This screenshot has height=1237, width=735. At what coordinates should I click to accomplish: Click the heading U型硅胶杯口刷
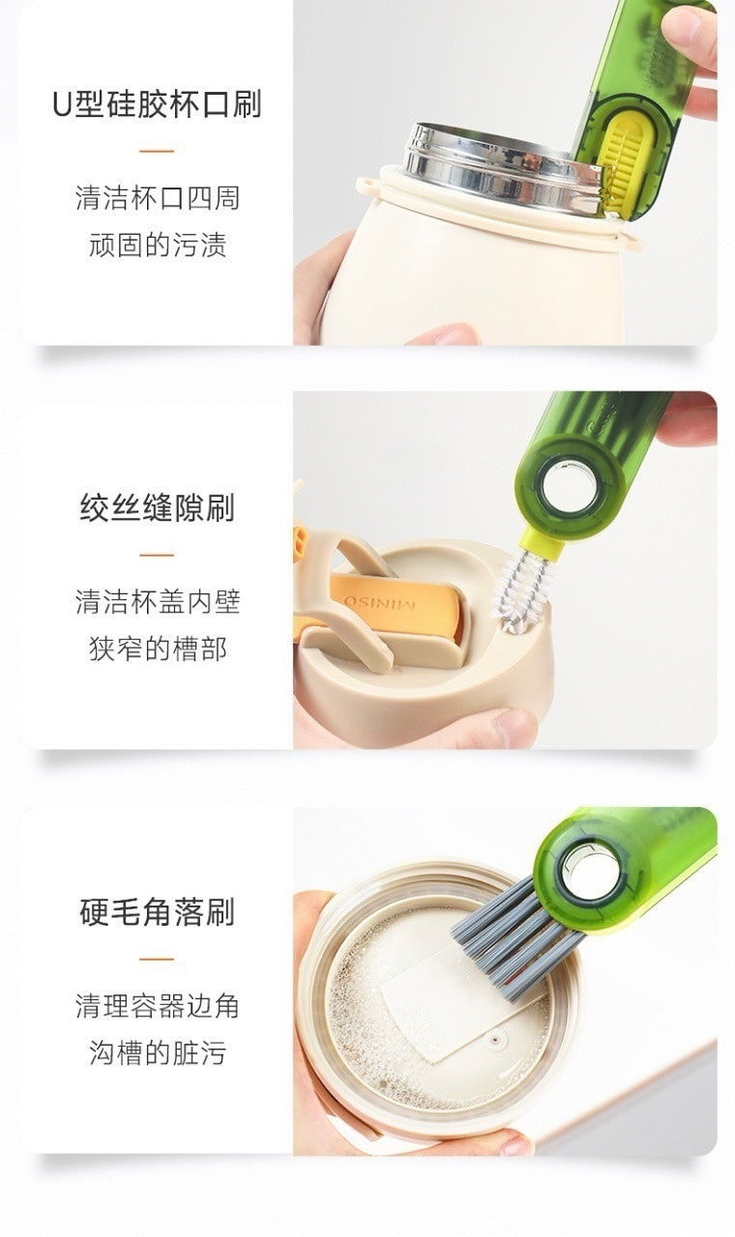(x=157, y=104)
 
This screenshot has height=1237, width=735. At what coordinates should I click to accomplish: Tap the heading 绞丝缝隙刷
(x=157, y=508)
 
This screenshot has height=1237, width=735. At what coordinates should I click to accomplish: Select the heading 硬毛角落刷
(x=157, y=912)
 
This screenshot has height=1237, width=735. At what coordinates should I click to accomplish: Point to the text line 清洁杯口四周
(x=157, y=198)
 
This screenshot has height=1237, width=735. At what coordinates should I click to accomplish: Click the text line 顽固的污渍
(x=157, y=245)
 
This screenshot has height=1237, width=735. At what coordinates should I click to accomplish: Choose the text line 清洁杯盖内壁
(x=157, y=602)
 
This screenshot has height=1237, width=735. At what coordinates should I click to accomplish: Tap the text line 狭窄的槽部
(x=157, y=648)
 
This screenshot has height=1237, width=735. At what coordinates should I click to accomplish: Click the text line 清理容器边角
(x=157, y=1006)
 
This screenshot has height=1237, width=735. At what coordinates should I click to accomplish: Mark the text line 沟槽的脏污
(x=157, y=1052)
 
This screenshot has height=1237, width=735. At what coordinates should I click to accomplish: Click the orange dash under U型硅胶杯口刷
(x=157, y=152)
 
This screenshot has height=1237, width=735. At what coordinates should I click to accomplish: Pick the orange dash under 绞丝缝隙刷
(x=157, y=556)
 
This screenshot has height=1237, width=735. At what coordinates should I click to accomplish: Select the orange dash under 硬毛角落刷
(x=157, y=960)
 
